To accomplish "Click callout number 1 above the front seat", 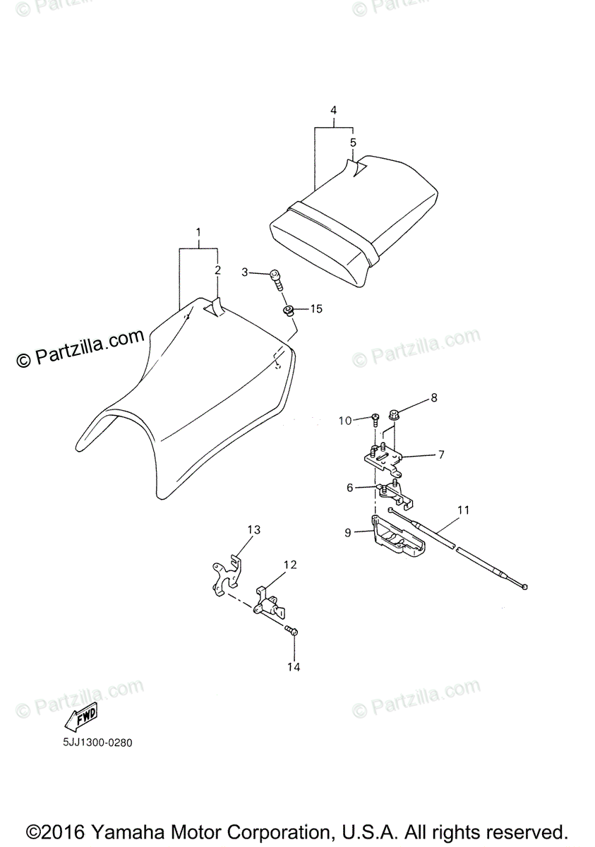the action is pos(198,232).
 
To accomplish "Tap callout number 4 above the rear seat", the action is pos(333,111).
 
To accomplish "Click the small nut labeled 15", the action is pos(289,311).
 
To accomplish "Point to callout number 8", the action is pos(434,397).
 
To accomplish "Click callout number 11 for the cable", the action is pos(463,510).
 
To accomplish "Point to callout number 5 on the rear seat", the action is pos(353,143).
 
